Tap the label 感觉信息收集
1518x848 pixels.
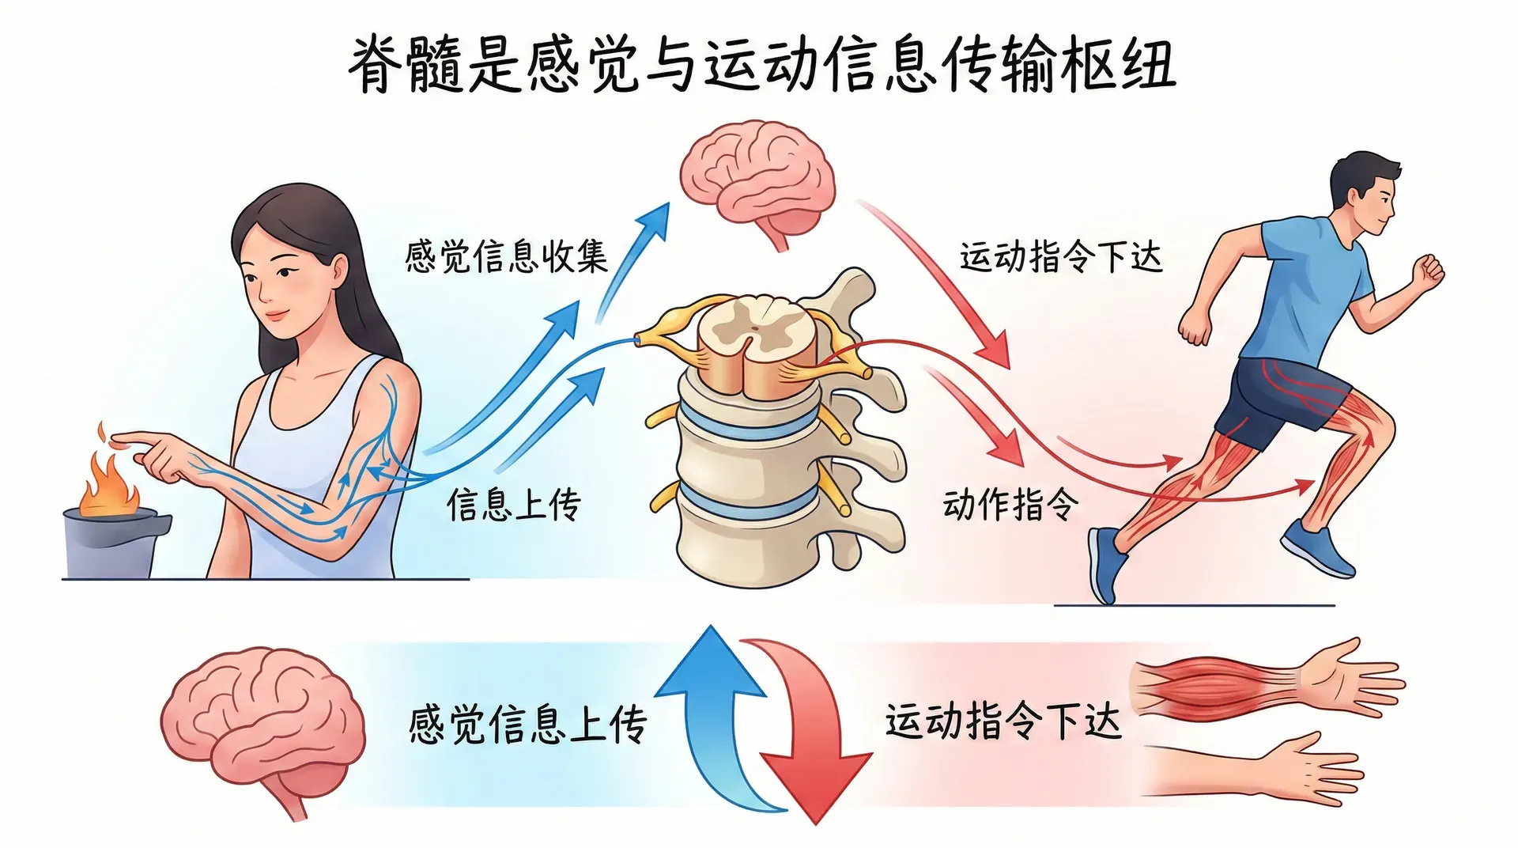[506, 256]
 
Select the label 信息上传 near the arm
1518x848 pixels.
[514, 504]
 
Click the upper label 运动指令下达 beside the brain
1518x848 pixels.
[1061, 257]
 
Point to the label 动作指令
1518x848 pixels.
[1010, 504]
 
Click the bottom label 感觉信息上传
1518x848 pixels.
[527, 724]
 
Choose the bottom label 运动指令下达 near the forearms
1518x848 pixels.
[1003, 721]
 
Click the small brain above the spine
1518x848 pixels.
[757, 178]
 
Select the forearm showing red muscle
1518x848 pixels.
[1218, 685]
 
